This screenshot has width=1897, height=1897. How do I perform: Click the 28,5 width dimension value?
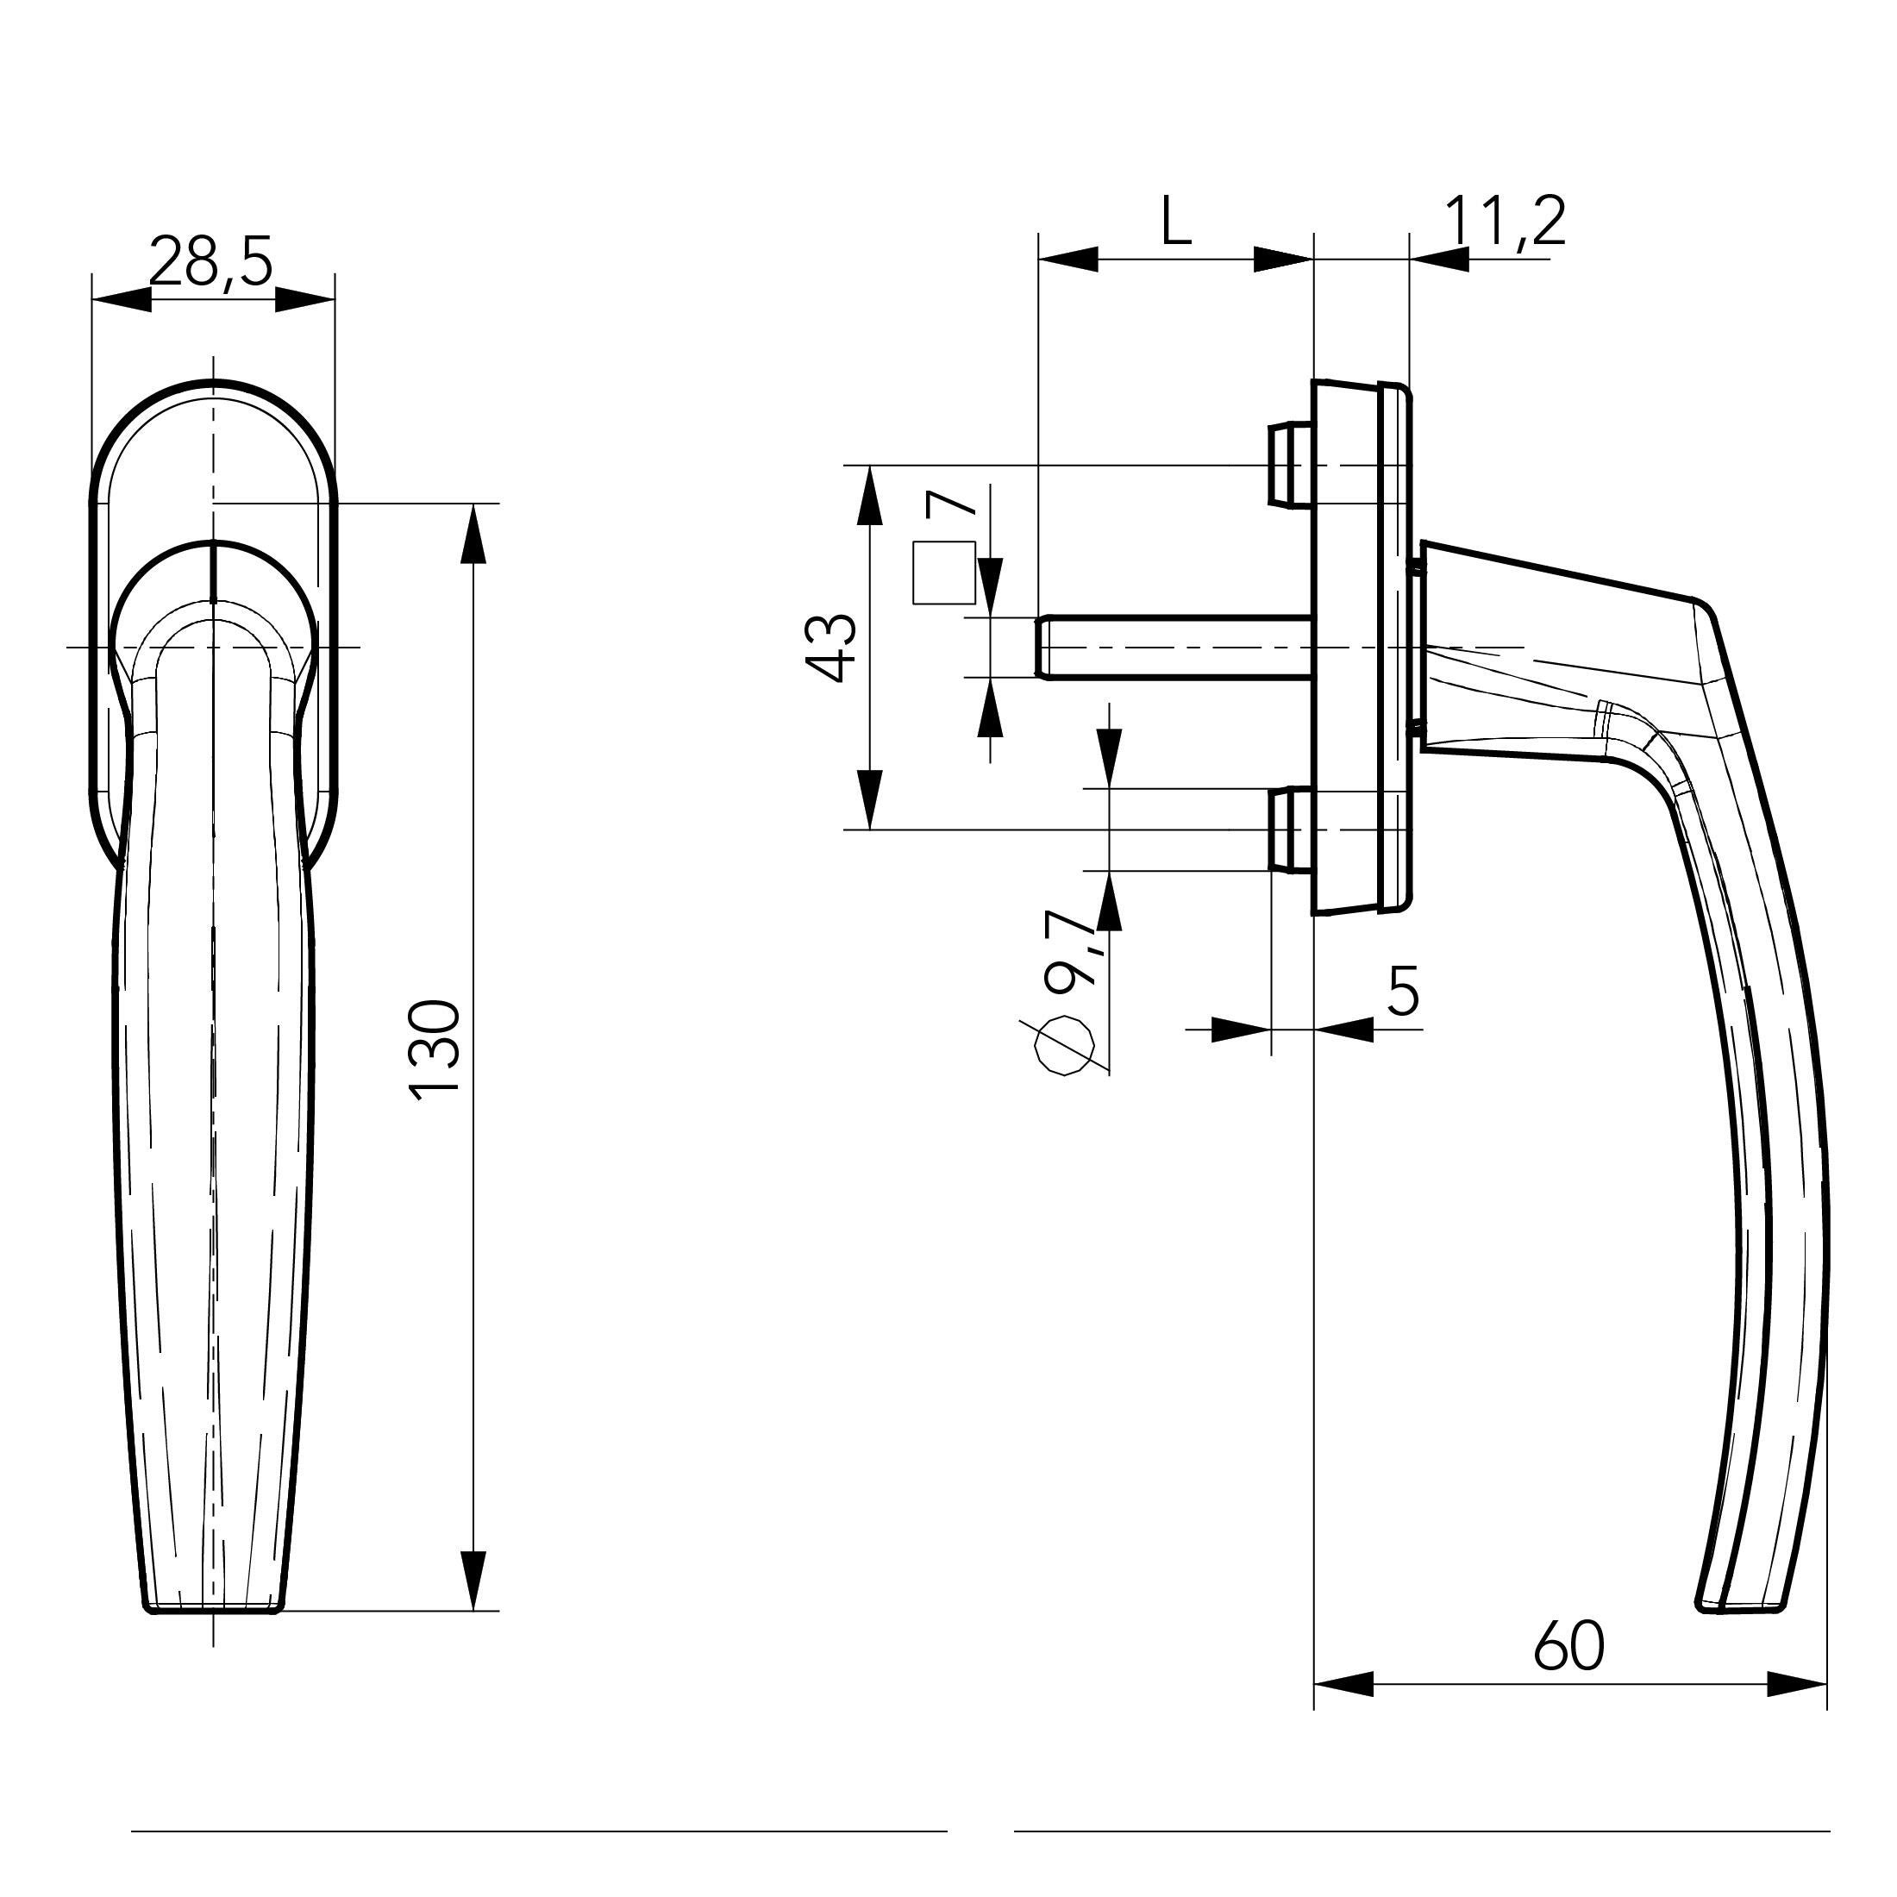coord(210,262)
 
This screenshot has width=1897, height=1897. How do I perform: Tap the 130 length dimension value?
coord(435,1049)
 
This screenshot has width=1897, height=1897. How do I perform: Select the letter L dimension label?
coord(1175,221)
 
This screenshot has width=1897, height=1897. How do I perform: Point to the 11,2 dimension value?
coord(1506,222)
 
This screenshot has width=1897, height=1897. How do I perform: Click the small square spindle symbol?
coord(943,573)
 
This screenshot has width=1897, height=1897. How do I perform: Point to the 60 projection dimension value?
coord(1568,1645)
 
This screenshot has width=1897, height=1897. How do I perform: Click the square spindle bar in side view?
coord(1174,647)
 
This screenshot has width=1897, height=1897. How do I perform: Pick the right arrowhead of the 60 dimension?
coord(1798,1684)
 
